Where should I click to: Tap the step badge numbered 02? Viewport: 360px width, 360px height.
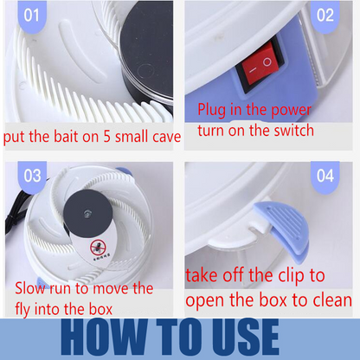click(325, 16)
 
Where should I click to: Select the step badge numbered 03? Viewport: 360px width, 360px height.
click(32, 176)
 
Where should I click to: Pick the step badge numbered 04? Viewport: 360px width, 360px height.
click(325, 176)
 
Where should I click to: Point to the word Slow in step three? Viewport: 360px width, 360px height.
click(34, 288)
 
